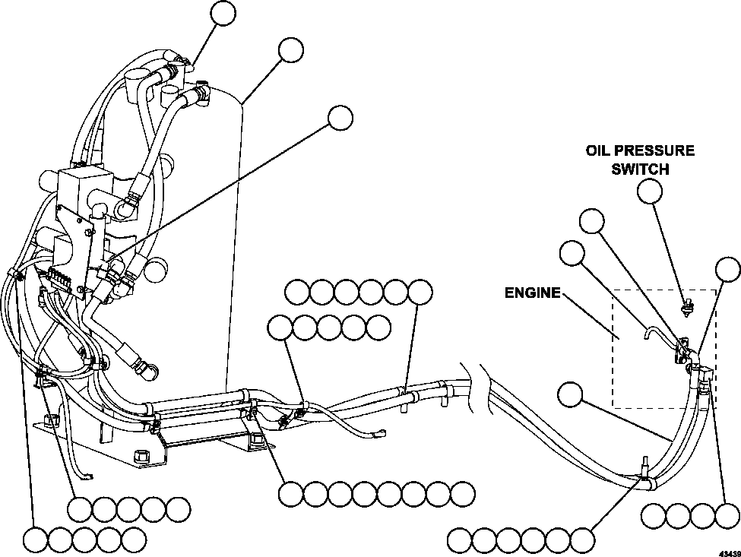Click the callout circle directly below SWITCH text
click(x=650, y=192)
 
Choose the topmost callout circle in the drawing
click(x=223, y=13)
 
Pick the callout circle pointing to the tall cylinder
click(x=290, y=49)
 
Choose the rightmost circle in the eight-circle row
click(x=462, y=494)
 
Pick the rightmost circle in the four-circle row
click(x=727, y=516)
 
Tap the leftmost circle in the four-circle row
click(x=654, y=516)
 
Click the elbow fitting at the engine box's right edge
click(x=705, y=374)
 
